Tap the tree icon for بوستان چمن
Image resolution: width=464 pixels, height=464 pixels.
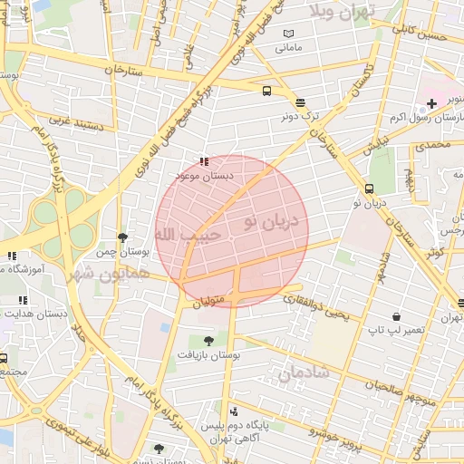(123, 237)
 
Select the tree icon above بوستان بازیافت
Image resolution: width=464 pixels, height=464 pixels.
(209, 342)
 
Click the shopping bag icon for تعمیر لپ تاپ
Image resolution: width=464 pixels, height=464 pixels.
(370, 331)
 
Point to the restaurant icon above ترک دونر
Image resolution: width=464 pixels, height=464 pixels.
(300, 102)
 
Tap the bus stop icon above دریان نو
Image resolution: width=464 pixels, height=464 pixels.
(369, 188)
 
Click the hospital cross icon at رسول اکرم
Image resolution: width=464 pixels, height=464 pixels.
(432, 104)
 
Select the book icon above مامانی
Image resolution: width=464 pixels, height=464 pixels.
(288, 33)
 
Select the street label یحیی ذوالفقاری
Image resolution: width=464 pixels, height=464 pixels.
(314, 306)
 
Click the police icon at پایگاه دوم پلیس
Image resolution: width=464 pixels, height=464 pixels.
(234, 411)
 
